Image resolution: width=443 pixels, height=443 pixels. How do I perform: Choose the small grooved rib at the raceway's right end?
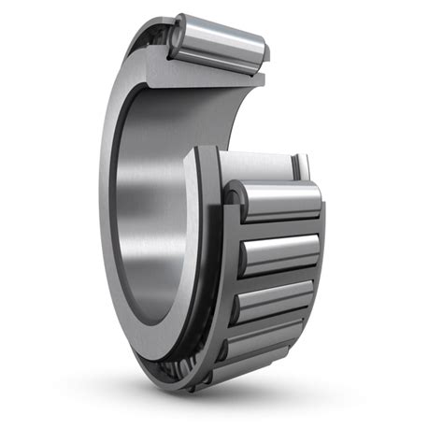point(299,166)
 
